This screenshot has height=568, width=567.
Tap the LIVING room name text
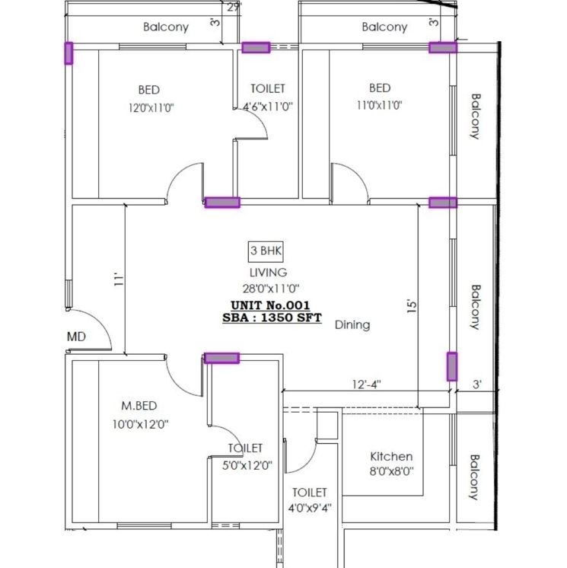[x=268, y=272]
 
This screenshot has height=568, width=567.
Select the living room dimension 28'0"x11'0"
[x=268, y=288]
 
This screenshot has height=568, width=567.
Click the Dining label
[x=352, y=324]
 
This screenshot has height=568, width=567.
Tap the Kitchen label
[x=391, y=456]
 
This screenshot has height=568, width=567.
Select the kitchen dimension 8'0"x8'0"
[x=391, y=471]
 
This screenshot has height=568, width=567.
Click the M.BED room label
[x=139, y=405]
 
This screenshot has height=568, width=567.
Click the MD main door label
[x=76, y=336]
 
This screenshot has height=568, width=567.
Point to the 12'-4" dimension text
[x=365, y=385]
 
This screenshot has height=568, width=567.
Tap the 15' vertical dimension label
[x=412, y=305]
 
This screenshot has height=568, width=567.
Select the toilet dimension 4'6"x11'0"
[x=268, y=107]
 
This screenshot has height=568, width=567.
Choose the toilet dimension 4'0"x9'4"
[x=308, y=508]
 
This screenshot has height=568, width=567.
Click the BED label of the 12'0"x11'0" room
[x=149, y=89]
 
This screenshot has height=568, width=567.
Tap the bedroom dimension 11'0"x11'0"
[x=379, y=106]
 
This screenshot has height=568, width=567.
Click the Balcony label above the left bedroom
[x=166, y=27]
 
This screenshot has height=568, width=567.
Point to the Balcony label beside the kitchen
[x=474, y=477]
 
